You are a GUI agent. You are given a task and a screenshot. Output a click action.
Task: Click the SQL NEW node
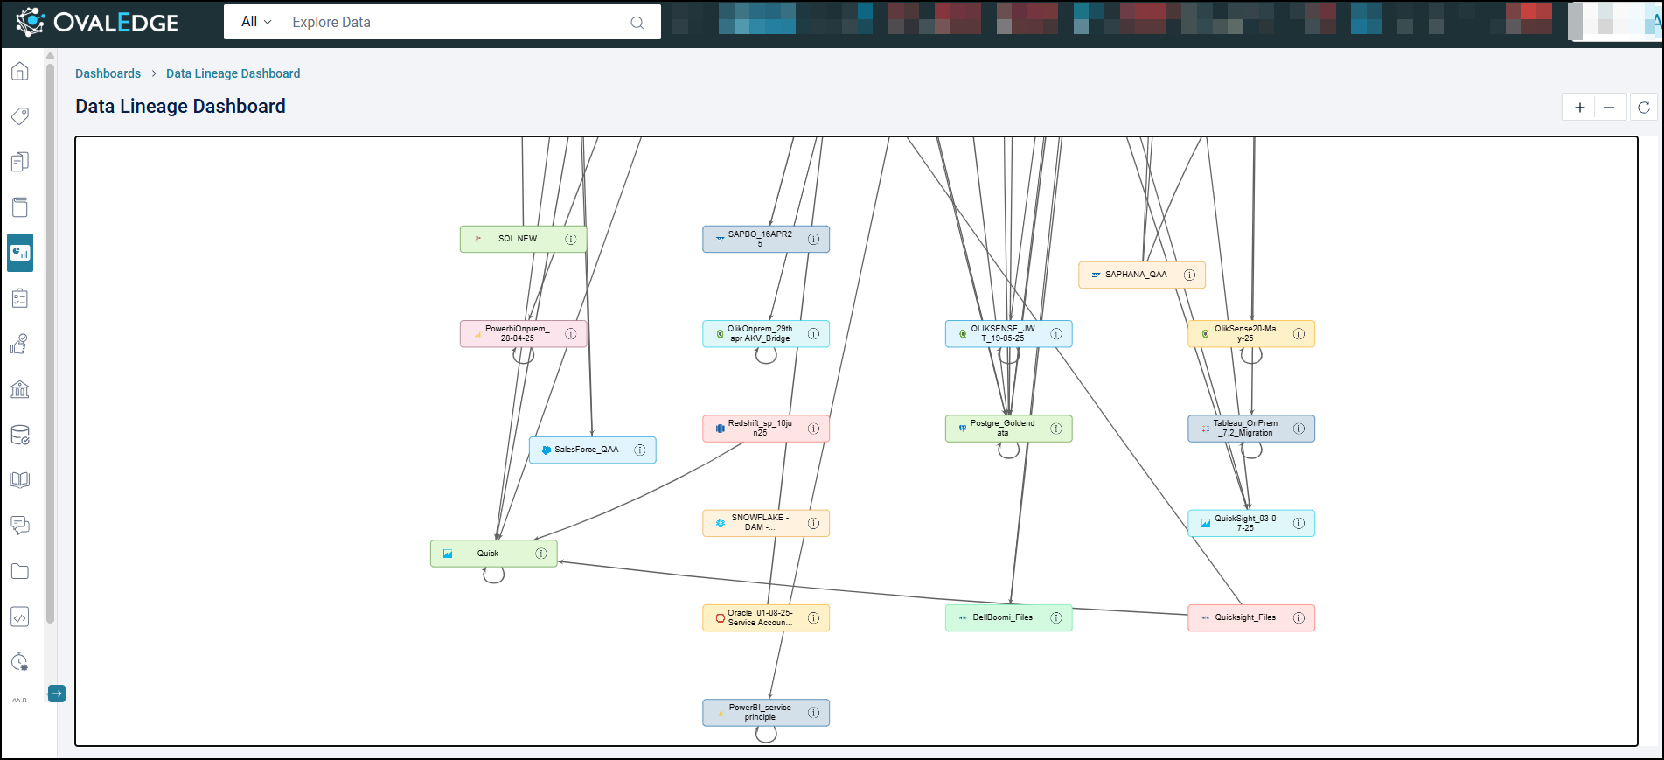coord(518,239)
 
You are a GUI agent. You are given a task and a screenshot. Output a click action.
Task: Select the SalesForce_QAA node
coord(586,450)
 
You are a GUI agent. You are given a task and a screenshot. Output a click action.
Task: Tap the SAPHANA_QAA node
coord(1135,275)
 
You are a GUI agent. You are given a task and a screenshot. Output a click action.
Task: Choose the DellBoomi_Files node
coord(1002,617)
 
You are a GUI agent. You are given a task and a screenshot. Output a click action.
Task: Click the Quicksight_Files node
coord(1244,617)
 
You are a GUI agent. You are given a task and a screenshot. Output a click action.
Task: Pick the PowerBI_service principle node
coord(759,712)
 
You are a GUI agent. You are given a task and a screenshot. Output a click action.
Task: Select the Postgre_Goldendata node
coord(1002,429)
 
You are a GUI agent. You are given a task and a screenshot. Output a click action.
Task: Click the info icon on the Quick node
coord(541,554)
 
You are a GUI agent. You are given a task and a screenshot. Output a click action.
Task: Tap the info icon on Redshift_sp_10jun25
coord(814,429)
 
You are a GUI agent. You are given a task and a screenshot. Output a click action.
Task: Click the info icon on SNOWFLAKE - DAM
coord(814,523)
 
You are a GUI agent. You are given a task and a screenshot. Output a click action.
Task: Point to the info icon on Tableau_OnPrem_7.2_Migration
coord(1299,429)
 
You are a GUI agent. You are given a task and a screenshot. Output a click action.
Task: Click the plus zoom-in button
coord(1579,108)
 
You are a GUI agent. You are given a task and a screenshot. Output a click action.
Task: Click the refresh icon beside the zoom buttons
coord(1644,108)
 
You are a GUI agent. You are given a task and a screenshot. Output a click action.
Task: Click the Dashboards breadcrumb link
coord(108,73)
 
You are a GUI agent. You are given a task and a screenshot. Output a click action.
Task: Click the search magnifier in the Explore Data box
coord(637,23)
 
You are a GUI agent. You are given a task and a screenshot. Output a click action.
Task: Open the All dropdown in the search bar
coord(255,22)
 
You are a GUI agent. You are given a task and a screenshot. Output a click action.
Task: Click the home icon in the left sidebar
coord(20,72)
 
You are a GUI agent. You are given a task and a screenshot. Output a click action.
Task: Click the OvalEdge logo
coord(97,23)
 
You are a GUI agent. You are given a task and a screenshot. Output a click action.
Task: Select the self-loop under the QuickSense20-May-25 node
coord(1251,356)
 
